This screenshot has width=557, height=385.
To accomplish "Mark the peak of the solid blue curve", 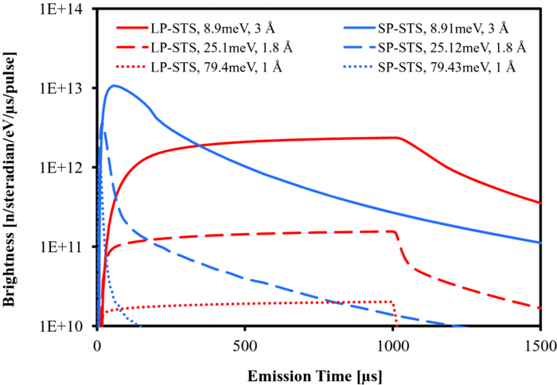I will coord(115,85).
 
